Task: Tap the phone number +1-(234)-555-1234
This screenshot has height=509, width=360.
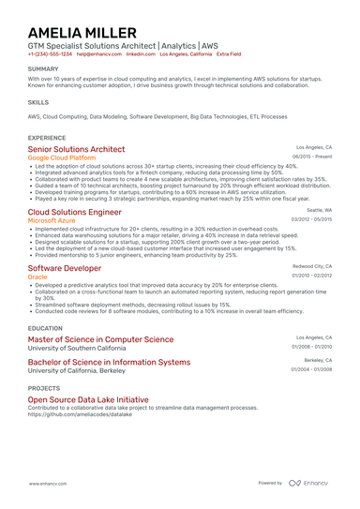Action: point(50,54)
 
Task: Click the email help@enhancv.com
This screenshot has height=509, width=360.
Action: point(95,54)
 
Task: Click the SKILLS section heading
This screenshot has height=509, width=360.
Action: point(38,101)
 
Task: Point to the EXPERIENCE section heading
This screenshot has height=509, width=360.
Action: point(47,137)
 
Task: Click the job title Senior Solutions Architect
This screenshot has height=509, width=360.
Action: point(76,149)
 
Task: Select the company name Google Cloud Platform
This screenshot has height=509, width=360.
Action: point(67,158)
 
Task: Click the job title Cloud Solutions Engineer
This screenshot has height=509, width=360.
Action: point(75,213)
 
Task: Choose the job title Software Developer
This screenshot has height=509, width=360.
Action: point(65,268)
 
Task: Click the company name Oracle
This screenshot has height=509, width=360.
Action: point(37,277)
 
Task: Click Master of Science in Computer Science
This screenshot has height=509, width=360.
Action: point(100,339)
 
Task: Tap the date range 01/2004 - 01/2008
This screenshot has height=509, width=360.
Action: point(311,369)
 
